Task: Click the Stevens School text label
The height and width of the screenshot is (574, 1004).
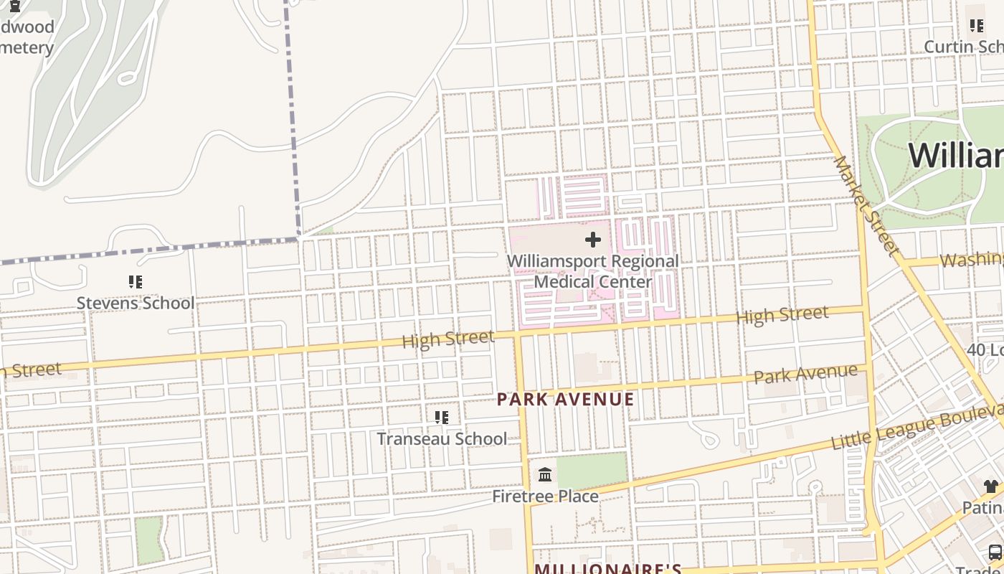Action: coord(135,303)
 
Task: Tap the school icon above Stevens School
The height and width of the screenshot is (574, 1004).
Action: coord(136,282)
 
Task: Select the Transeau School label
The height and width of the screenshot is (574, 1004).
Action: coord(441,438)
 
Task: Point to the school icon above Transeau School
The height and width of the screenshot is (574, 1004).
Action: coord(442,418)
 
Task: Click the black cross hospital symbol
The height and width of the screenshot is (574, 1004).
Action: coord(593,240)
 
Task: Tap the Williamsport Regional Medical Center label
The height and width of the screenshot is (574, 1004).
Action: coord(593,271)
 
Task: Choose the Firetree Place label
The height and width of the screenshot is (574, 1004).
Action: coord(545,496)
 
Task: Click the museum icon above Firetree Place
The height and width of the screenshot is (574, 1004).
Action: coord(545,475)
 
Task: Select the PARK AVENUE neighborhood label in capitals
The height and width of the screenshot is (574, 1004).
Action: coord(566,399)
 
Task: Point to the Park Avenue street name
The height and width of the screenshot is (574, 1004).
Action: coord(805,373)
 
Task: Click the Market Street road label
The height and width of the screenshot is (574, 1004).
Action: coord(866,206)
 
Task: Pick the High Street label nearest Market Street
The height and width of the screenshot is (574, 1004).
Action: coord(782,315)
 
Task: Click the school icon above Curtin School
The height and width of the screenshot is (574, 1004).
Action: coord(977,27)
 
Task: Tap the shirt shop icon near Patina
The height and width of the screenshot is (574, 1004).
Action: coord(991,487)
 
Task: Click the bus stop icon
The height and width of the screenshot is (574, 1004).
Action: coord(995,552)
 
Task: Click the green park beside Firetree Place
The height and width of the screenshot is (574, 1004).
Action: coord(592,470)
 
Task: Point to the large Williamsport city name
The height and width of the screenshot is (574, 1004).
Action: coord(957,155)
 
